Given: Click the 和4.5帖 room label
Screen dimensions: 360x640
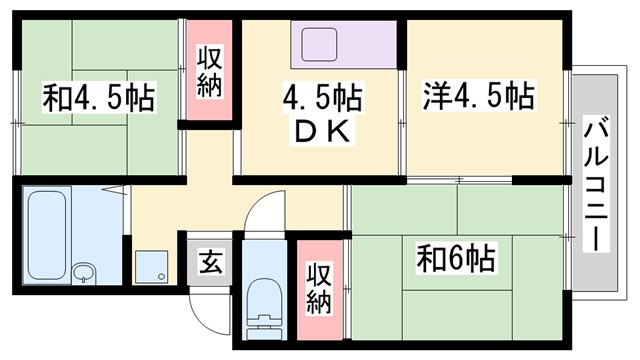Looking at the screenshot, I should tap(97, 99).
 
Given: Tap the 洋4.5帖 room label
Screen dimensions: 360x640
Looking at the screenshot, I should tap(477, 98).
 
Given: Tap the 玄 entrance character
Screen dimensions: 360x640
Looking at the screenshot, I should tap(210, 264).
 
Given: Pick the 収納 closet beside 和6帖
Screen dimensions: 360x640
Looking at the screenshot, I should tap(318, 288).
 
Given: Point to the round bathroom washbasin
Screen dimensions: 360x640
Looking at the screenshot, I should tap(85, 271).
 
